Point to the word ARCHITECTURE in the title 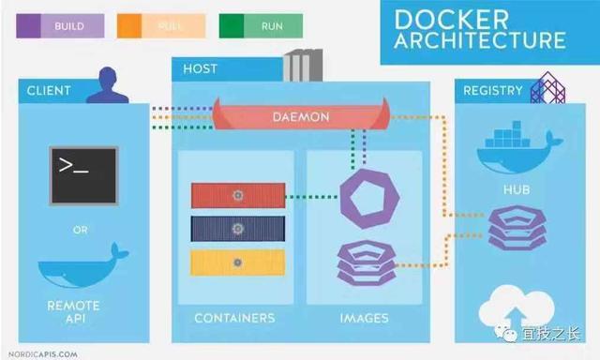pyautogui.click(x=479, y=41)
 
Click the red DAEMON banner pyautogui.click(x=299, y=115)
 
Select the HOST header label pyautogui.click(x=201, y=69)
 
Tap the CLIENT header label pyautogui.click(x=49, y=91)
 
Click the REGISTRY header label pyautogui.click(x=492, y=91)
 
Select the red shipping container pyautogui.click(x=237, y=195)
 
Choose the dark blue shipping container pyautogui.click(x=237, y=229)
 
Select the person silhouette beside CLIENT pyautogui.click(x=107, y=84)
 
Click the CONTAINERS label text pyautogui.click(x=234, y=318)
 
